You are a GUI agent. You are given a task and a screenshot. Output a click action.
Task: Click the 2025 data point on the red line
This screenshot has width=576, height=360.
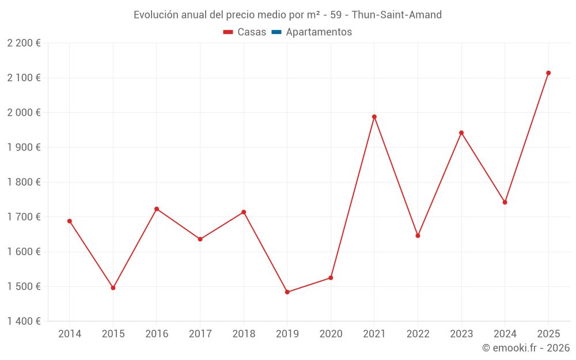(x=548, y=73)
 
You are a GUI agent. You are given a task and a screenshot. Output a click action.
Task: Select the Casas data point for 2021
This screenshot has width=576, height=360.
(x=374, y=117)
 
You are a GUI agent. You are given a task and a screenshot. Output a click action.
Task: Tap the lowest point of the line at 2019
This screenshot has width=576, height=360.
(x=287, y=292)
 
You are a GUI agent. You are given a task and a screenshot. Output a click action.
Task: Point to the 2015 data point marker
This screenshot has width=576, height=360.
(x=113, y=288)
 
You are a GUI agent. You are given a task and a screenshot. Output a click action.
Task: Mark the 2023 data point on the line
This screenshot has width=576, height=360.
(x=461, y=133)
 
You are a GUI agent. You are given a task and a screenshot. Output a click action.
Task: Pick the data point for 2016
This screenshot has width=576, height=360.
(x=157, y=209)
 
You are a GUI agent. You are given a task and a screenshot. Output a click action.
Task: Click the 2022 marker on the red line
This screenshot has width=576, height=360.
(x=418, y=236)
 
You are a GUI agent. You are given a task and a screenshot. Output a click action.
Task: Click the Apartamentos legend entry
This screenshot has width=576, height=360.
(x=319, y=32)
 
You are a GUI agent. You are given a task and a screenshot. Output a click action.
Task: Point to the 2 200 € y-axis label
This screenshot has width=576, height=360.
(x=24, y=43)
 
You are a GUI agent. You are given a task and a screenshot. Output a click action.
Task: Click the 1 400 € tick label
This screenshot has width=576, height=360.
(x=24, y=321)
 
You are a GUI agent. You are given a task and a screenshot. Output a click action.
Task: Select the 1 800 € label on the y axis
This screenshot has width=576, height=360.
(x=24, y=182)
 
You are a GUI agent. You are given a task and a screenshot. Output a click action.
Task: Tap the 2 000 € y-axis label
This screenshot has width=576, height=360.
(x=24, y=112)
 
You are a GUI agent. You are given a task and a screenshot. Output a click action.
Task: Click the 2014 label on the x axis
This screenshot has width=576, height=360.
(x=70, y=334)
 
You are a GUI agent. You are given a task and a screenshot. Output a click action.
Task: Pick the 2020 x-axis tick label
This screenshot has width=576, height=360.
(x=331, y=334)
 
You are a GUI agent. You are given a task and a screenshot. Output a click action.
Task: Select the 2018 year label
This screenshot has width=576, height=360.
(x=244, y=334)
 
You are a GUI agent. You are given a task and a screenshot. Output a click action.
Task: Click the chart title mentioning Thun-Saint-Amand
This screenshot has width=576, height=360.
(x=287, y=15)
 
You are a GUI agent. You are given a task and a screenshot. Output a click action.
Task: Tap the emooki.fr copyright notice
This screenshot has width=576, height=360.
(x=525, y=348)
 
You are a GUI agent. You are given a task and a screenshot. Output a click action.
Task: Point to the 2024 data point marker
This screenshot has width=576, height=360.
(x=505, y=202)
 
